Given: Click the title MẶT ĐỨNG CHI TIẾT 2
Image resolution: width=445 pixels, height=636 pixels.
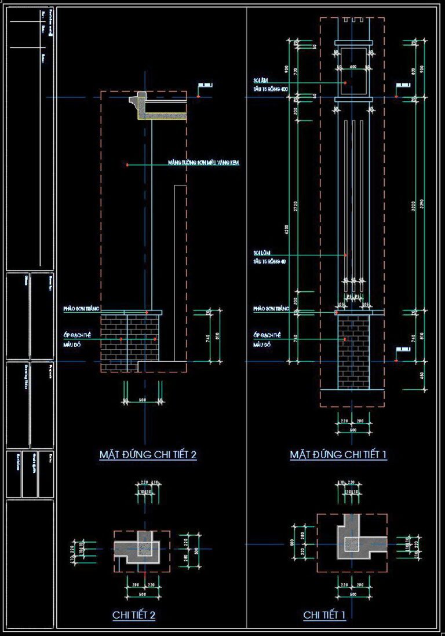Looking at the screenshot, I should (x=148, y=455).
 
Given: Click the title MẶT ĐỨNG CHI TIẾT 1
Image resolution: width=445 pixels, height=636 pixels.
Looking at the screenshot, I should (x=338, y=455).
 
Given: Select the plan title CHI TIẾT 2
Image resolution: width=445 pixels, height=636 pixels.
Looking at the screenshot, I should (x=133, y=615).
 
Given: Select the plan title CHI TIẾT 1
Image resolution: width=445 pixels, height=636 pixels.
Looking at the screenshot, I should (x=324, y=615).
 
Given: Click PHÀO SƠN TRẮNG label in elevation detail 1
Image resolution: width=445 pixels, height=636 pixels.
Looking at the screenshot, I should (x=271, y=309).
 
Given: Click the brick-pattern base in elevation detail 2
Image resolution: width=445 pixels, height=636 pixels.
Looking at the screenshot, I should (x=129, y=338).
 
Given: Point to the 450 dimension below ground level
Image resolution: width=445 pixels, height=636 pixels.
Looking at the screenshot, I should (x=422, y=375).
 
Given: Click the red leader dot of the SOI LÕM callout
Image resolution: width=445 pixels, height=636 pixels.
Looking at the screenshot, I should (x=345, y=255).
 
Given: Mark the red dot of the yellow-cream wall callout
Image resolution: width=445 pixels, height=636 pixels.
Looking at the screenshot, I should (x=127, y=165).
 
